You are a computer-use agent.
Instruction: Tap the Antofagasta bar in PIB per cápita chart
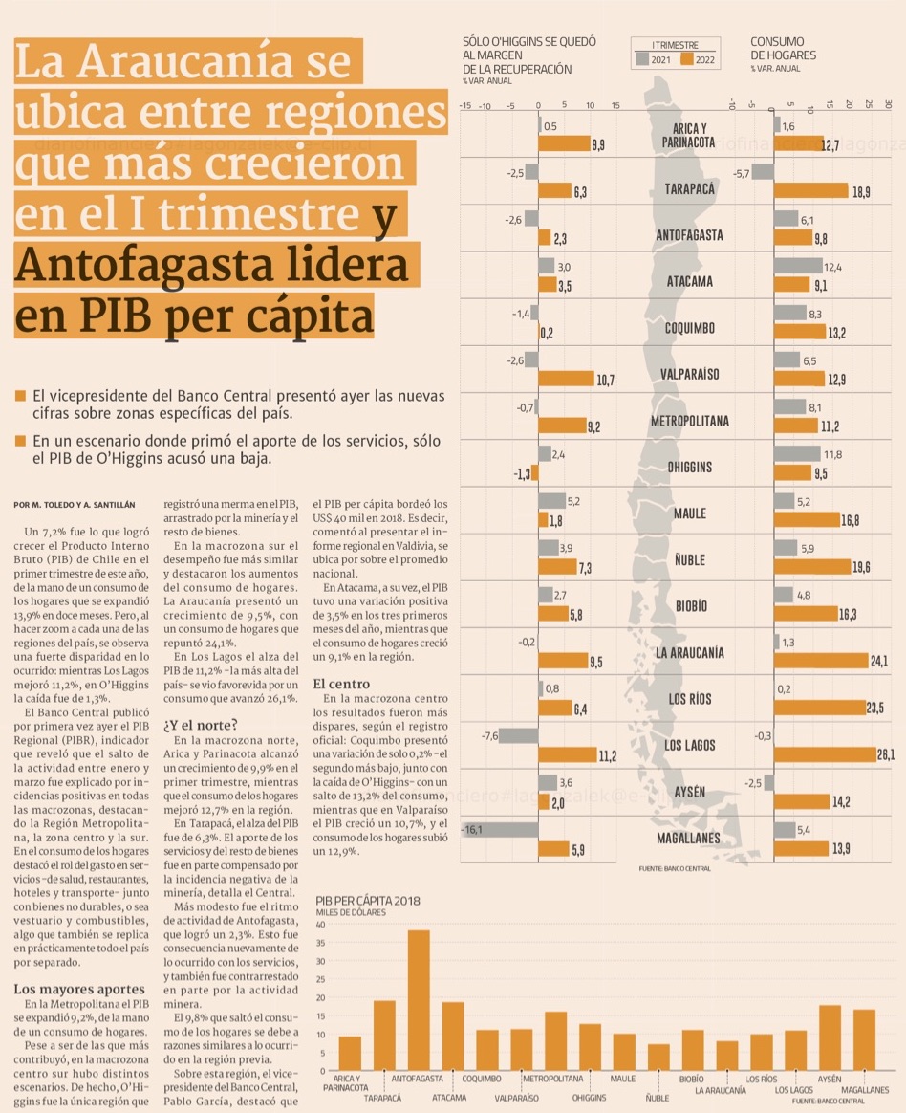pyautogui.click(x=419, y=999)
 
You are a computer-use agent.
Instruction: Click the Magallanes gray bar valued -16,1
pyautogui.click(x=499, y=830)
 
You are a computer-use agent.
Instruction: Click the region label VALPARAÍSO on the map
pyautogui.click(x=689, y=373)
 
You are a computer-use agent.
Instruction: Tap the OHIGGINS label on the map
pyautogui.click(x=689, y=468)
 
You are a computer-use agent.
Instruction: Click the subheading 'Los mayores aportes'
pyautogui.click(x=79, y=988)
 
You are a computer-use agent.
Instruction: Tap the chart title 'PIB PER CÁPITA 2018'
pyautogui.click(x=368, y=901)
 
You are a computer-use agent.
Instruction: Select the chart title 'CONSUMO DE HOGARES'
pyautogui.click(x=783, y=49)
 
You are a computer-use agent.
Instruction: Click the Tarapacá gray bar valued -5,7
pyautogui.click(x=762, y=172)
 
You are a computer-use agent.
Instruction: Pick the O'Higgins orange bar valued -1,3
pyautogui.click(x=535, y=472)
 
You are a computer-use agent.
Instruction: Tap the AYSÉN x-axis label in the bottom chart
pyautogui.click(x=830, y=1079)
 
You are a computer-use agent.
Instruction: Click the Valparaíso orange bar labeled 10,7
pyautogui.click(x=566, y=379)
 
